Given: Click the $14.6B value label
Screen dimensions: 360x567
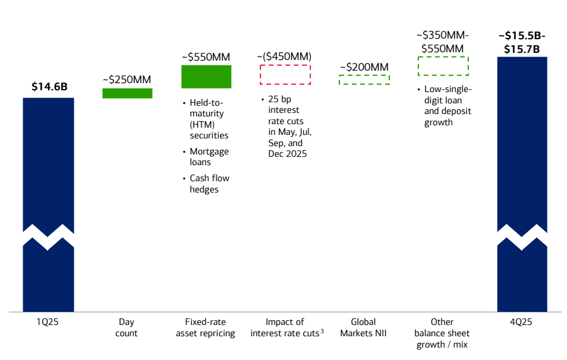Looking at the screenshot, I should [x=49, y=87].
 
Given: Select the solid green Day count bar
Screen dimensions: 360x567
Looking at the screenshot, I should [x=127, y=93].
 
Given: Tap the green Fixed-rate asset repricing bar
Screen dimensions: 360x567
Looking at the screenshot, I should [x=206, y=77].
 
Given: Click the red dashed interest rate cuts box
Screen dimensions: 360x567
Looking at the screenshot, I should [x=285, y=75].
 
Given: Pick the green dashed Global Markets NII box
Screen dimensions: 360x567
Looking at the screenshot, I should [x=364, y=80].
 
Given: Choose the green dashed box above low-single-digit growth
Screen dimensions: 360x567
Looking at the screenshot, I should [x=443, y=66].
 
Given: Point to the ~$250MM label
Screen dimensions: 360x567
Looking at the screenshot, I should [x=127, y=79].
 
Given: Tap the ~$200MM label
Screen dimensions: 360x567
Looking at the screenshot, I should [x=364, y=67].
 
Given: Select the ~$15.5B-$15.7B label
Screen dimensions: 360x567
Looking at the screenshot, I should [x=522, y=42].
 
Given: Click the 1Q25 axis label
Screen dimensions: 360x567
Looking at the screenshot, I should [x=48, y=322].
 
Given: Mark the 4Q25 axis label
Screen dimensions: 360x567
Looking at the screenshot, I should [x=521, y=322].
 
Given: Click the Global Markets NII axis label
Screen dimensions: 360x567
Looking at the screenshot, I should [x=363, y=327].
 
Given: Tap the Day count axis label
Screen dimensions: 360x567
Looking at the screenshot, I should [x=127, y=327].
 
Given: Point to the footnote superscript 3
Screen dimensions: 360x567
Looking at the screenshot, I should [x=322, y=331].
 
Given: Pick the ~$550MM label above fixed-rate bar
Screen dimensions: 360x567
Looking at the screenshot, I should [x=206, y=57].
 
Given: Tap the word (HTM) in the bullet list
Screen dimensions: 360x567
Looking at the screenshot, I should [x=201, y=124].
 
